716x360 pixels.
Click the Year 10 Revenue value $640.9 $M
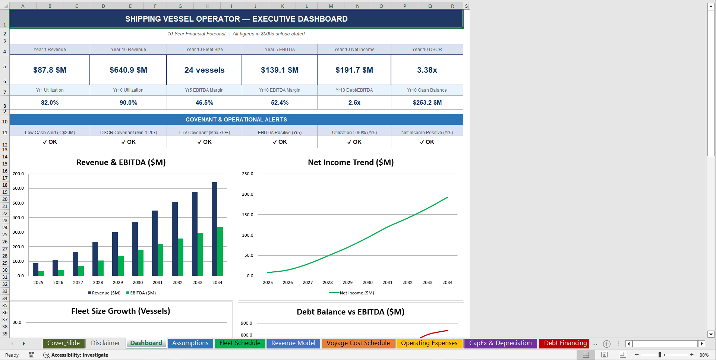[128, 70]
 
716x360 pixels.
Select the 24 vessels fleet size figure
[204, 70]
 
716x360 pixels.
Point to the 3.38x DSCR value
[427, 70]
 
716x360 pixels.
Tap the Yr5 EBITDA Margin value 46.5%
[204, 102]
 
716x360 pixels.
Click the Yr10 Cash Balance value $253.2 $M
[427, 102]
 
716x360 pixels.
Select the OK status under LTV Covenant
[204, 142]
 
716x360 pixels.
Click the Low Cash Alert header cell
[50, 132]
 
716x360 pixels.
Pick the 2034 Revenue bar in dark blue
[214, 229]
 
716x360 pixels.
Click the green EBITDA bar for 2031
[160, 260]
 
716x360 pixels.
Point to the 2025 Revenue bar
[36, 269]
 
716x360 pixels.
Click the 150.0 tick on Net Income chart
[247, 215]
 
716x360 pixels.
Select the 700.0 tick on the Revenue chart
[18, 174]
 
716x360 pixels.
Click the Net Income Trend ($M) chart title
[351, 162]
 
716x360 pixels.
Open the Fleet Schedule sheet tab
[240, 343]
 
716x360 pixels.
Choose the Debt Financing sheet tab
[565, 343]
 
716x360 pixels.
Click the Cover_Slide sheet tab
[63, 343]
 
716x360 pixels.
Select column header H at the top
[207, 6]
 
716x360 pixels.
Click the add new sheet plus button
[606, 344]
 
